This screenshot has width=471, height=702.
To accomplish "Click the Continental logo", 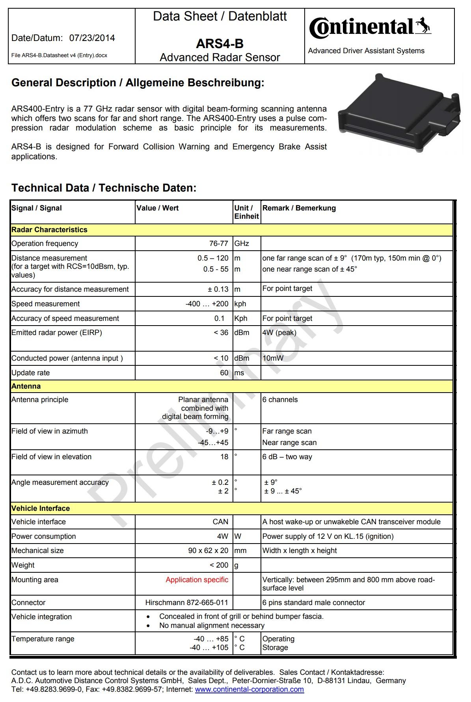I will (370, 28).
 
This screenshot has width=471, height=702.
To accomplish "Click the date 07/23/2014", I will (92, 38).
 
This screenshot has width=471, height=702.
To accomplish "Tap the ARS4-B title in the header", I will (220, 43).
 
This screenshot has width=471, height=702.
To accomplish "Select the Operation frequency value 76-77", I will (219, 244).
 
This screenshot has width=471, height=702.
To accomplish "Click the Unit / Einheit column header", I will (246, 212).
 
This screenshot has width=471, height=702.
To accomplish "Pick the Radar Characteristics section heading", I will (49, 230).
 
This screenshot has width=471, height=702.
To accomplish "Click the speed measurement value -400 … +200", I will (207, 304).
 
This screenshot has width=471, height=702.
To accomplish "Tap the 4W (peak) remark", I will (279, 333).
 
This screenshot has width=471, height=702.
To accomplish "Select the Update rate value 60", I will (224, 373).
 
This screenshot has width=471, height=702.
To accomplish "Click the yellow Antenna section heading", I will (26, 386).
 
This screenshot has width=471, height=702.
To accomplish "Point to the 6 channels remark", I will (280, 400).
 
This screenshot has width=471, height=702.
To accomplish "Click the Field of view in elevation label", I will (51, 457).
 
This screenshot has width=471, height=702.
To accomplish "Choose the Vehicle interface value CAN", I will (220, 522).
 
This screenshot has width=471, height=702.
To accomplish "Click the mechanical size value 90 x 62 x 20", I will (208, 551).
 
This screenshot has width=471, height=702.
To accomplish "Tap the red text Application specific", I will (197, 580).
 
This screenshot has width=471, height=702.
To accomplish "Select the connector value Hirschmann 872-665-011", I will (186, 603).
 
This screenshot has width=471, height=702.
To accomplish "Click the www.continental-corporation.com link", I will (249, 689).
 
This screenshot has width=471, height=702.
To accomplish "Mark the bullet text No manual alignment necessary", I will (212, 626).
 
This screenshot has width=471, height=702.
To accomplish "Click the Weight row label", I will (23, 565).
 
